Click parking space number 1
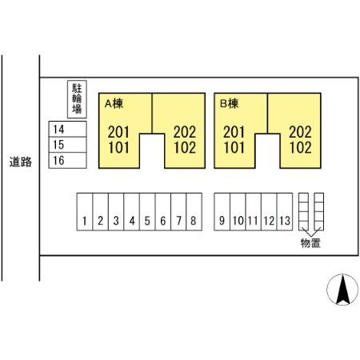tap(85, 211)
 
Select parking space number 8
tap(194, 211)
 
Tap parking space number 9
tap(222, 211)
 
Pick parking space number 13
tap(285, 211)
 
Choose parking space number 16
tap(67, 160)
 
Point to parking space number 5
tap(147, 211)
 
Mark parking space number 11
tap(254, 211)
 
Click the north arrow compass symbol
tap(342, 290)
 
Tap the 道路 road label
tap(21, 162)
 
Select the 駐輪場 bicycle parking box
tap(77, 99)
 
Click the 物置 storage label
tap(310, 243)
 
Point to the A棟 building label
tap(114, 103)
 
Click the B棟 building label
tap(229, 103)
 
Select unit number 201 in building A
tap(118, 132)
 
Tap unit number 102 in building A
tap(185, 147)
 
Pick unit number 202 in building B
tap(300, 132)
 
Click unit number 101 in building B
tap(234, 147)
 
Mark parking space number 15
tap(67, 145)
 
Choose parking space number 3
tap(116, 211)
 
